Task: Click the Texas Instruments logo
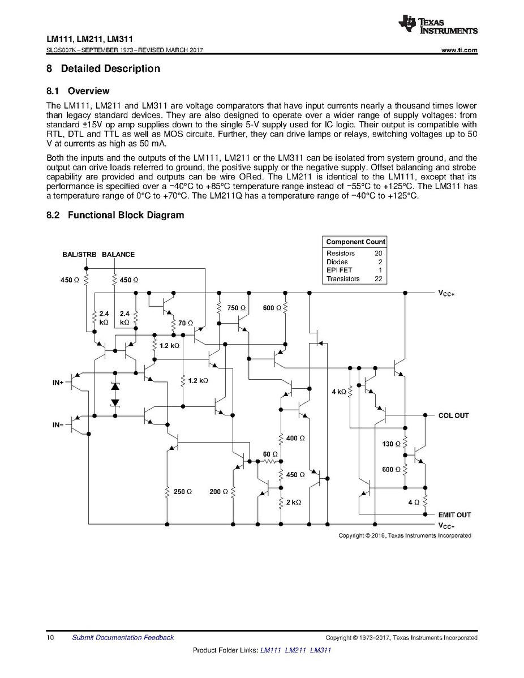[x=438, y=23]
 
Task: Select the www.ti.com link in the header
[x=459, y=50]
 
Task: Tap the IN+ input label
[x=58, y=383]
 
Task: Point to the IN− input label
[x=58, y=424]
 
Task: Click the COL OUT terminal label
[x=453, y=415]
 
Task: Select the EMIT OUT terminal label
[x=454, y=515]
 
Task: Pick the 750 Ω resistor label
[x=236, y=308]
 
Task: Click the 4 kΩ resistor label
[x=338, y=392]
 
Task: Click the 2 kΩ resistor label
[x=294, y=502]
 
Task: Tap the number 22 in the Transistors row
[x=378, y=279]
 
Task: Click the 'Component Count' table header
[x=355, y=242]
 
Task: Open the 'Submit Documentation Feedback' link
[x=123, y=638]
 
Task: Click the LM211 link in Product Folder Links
[x=296, y=650]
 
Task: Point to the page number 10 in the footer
[x=50, y=638]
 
